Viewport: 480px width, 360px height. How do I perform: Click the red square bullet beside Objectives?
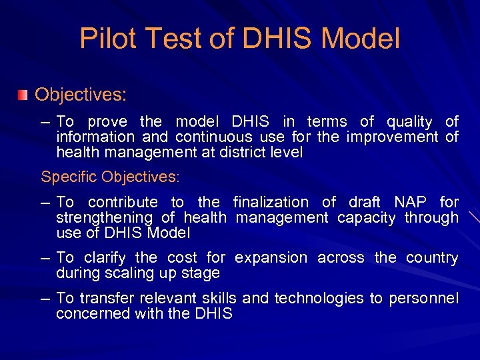(x=23, y=95)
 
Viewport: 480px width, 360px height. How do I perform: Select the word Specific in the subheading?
(x=69, y=177)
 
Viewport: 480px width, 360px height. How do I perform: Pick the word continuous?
(x=214, y=137)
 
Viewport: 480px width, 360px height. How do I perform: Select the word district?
(x=230, y=153)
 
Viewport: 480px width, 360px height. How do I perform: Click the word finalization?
(x=271, y=202)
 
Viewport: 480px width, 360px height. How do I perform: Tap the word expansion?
(x=271, y=258)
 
